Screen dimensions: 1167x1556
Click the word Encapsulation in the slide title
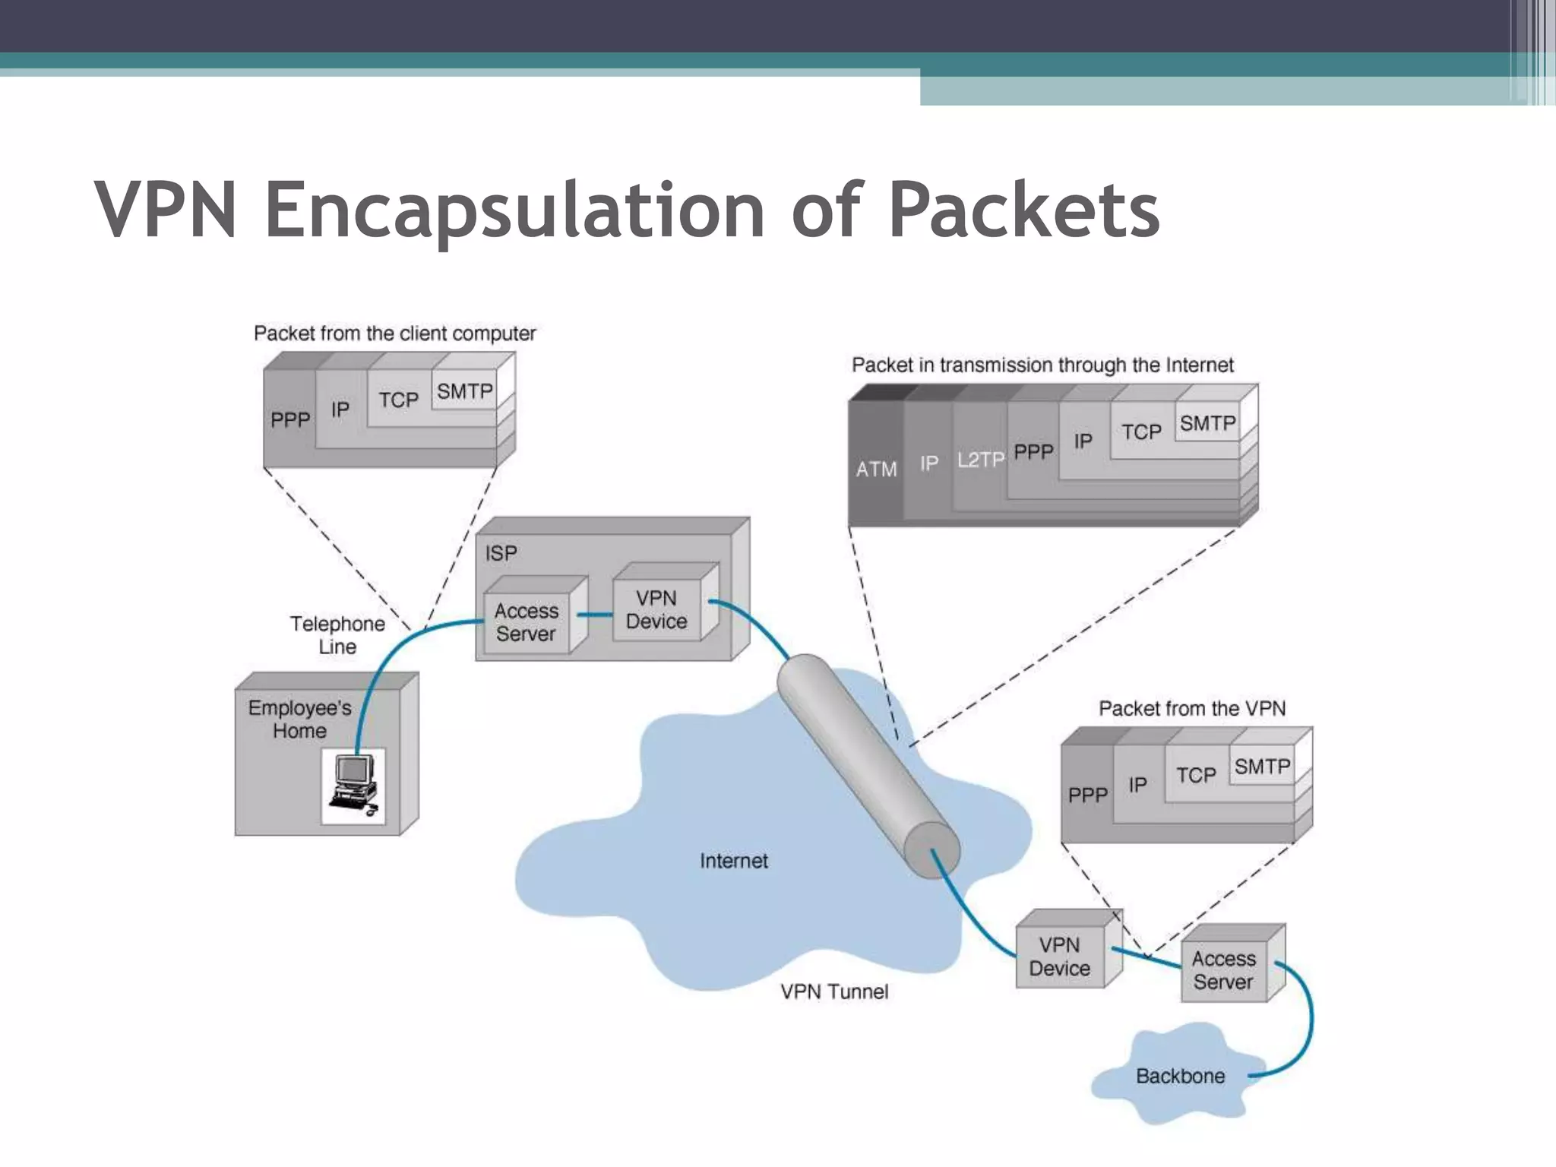514,210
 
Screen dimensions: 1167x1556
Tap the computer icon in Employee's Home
353,786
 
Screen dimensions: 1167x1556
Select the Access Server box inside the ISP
526,622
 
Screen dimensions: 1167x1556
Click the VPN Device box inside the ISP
656,610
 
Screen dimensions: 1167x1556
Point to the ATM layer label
876,470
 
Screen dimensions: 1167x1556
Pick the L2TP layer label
980,460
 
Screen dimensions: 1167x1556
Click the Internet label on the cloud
733,861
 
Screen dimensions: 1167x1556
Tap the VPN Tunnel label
834,991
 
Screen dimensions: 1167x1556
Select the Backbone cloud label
1180,1076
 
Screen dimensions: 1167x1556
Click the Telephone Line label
337,635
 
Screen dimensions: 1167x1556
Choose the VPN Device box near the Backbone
1059,957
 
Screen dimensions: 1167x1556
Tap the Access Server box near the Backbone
1223,970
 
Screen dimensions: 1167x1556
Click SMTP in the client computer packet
464,391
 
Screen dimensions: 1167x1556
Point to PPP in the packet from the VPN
1087,795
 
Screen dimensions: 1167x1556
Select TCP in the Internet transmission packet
1141,432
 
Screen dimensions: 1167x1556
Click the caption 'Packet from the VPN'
1192,709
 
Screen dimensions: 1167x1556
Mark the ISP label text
501,553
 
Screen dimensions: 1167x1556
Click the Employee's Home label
299,719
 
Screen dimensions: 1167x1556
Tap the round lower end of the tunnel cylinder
932,849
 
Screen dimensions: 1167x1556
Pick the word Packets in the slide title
1023,210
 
